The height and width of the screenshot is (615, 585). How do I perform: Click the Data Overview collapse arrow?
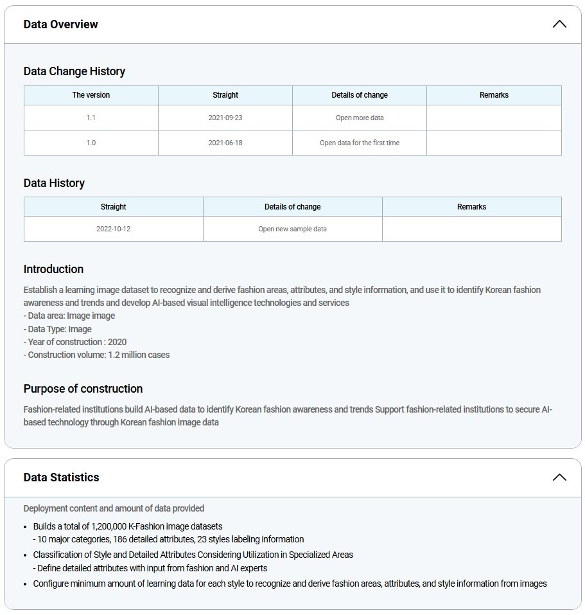point(559,24)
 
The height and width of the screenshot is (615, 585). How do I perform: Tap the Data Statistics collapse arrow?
point(559,477)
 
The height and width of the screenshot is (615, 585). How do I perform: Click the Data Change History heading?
point(74,71)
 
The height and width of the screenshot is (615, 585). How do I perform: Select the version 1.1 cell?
point(91,118)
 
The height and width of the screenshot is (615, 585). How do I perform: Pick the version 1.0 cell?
point(91,143)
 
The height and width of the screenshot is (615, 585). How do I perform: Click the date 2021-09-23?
point(225,118)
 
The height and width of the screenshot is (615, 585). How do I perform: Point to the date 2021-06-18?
point(225,143)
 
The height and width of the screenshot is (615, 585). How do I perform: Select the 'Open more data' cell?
point(360,118)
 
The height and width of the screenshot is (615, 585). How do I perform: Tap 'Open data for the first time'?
point(360,143)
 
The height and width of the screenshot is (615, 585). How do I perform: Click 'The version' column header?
point(91,95)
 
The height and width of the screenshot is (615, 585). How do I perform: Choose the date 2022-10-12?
point(114,229)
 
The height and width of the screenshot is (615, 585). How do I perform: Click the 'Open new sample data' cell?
point(293,229)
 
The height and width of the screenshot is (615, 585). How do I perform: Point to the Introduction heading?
point(54,269)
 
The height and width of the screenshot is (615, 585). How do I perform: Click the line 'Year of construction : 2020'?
point(75,342)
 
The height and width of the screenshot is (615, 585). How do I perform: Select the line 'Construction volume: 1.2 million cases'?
point(97,355)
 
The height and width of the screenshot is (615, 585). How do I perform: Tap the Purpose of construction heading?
point(83,389)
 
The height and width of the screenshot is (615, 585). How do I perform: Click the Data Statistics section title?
point(62,477)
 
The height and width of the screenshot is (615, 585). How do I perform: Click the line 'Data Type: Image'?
point(58,329)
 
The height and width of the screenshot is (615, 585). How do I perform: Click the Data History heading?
point(55,183)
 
